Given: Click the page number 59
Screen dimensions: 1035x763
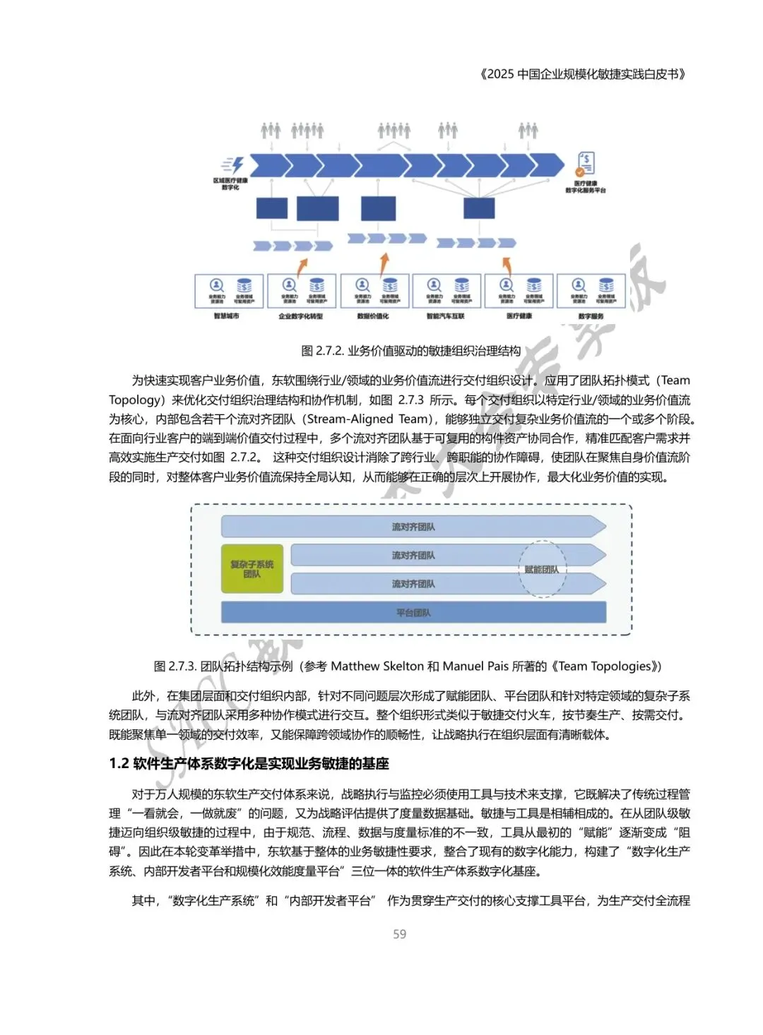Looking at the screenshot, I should click(399, 934).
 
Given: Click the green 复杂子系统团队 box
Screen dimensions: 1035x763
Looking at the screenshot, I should click(252, 569).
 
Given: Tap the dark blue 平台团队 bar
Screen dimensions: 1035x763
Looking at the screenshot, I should click(413, 612).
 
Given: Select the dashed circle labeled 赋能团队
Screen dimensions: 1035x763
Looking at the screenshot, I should click(542, 569).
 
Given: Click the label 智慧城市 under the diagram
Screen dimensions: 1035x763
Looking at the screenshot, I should click(226, 316).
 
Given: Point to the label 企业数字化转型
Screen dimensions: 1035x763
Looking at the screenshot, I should click(300, 316).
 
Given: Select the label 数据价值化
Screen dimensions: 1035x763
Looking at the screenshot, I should click(373, 316).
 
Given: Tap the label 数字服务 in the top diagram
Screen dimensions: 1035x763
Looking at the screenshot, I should click(591, 316).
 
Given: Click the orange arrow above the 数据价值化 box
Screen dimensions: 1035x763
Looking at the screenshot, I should click(384, 263).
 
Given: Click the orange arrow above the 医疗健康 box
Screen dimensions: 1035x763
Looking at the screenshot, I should click(507, 265).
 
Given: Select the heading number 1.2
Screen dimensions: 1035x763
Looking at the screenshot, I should click(119, 763).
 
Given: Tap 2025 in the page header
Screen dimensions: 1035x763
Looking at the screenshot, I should click(501, 73).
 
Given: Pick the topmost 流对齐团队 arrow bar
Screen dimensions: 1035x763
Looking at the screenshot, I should click(413, 527).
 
